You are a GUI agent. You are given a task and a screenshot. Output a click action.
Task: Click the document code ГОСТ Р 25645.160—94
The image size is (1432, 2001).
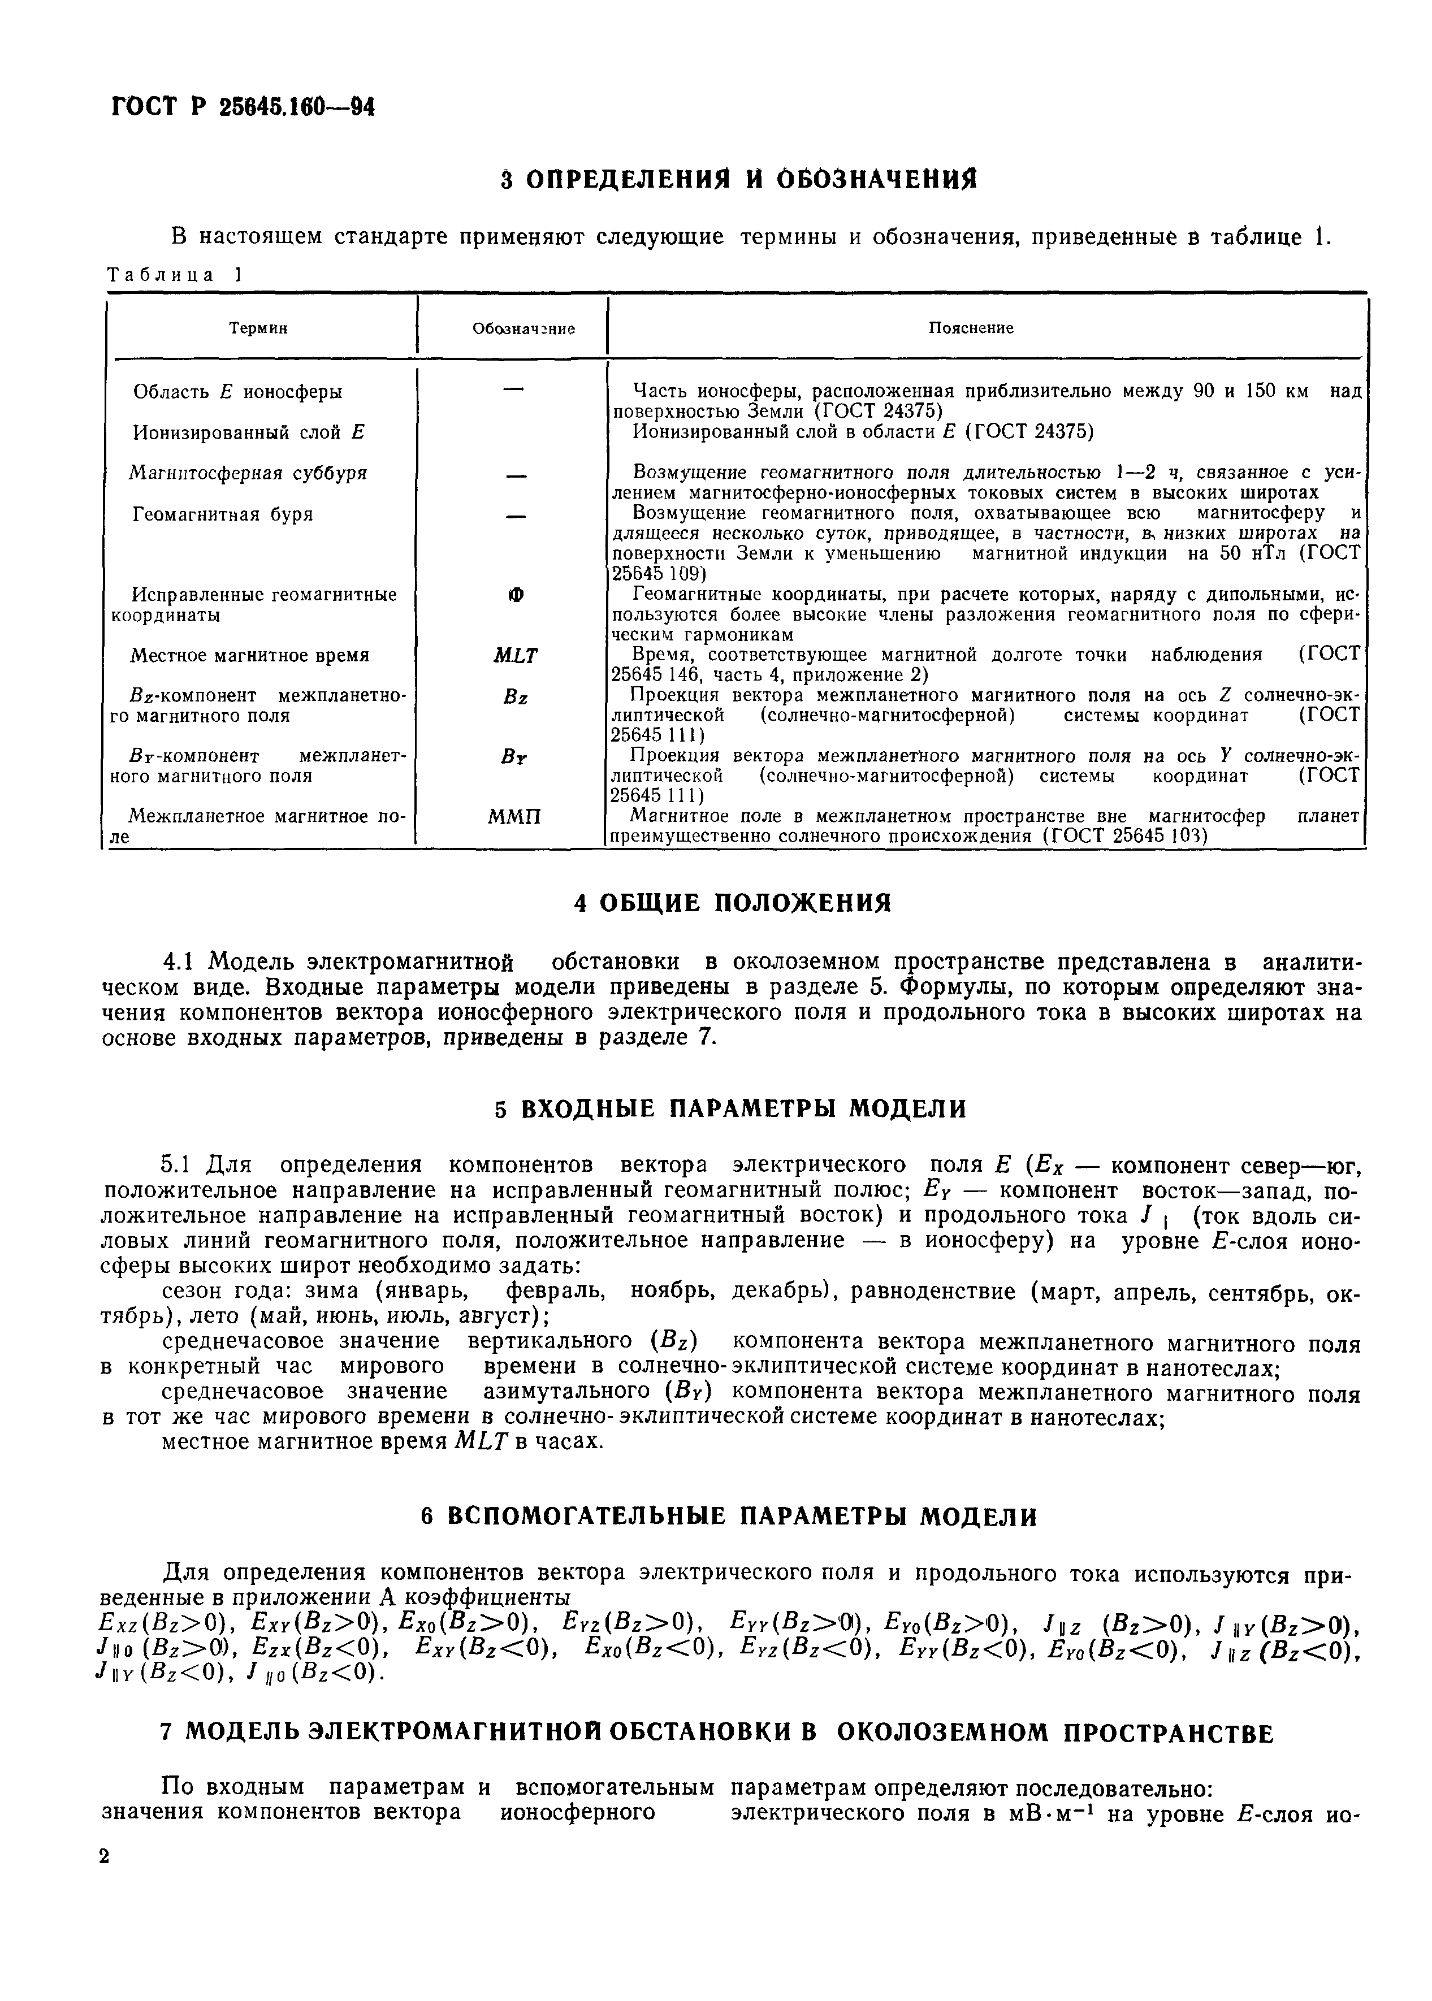coord(243,109)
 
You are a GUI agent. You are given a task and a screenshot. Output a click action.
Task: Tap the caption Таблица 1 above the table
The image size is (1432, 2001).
coord(174,275)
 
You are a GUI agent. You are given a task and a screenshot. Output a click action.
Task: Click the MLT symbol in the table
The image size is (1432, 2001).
coord(515,656)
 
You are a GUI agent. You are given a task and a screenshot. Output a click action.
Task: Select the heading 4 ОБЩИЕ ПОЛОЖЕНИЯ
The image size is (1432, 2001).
coord(733,903)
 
